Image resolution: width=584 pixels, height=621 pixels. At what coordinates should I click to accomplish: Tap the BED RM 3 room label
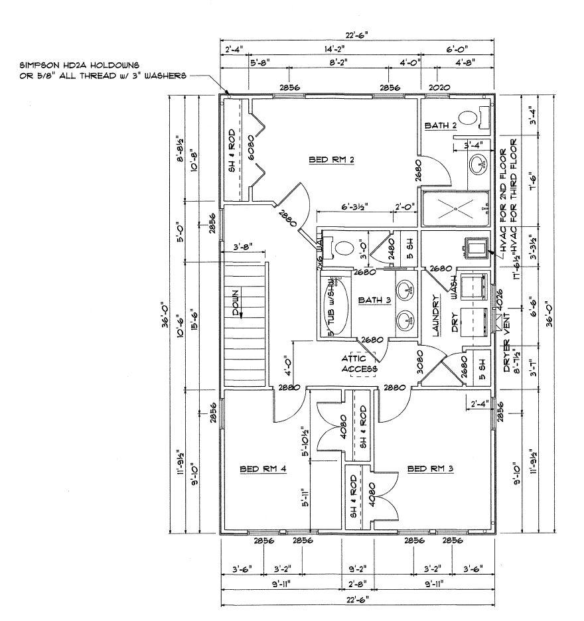pos(430,468)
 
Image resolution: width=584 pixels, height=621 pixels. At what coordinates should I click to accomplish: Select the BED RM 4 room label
pos(262,468)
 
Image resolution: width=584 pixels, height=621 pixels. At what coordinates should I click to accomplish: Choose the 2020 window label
pos(439,88)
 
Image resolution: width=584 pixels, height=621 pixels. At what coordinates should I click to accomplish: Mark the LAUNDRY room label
pos(436,316)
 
